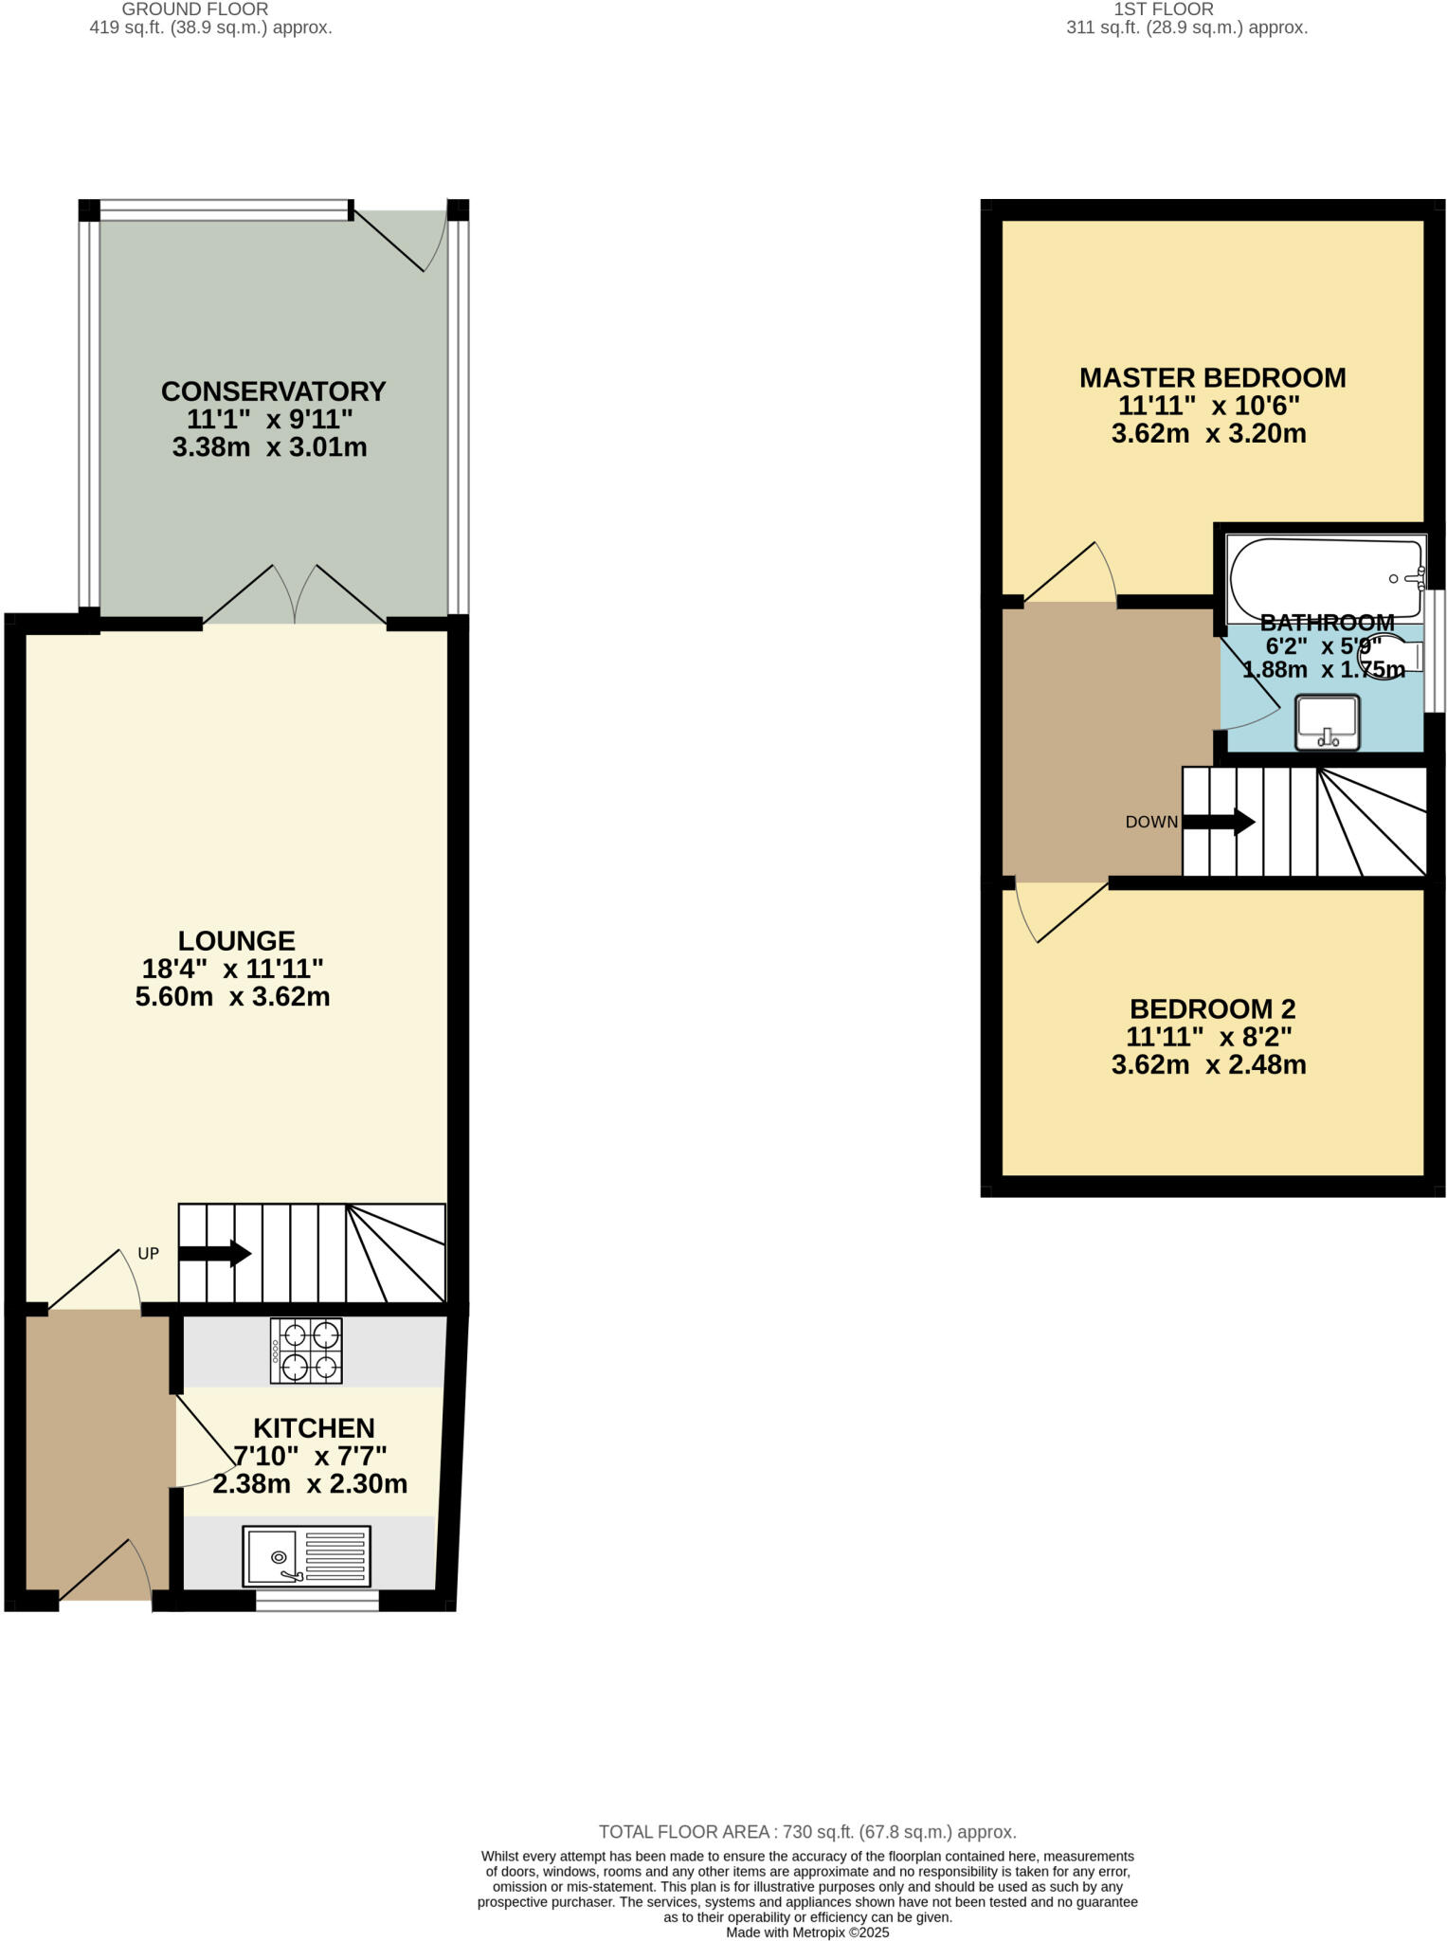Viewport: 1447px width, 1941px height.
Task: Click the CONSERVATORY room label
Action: pyautogui.click(x=273, y=391)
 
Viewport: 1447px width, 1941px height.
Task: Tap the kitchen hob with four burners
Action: pyautogui.click(x=306, y=1351)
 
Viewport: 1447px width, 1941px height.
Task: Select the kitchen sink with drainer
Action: pyautogui.click(x=306, y=1555)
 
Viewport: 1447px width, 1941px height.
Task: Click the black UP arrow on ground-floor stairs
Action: pyautogui.click(x=214, y=1254)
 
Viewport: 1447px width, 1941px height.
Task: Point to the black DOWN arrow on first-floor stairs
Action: pyautogui.click(x=1218, y=822)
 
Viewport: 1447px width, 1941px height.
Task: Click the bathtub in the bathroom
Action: pyautogui.click(x=1325, y=567)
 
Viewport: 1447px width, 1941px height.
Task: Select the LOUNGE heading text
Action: pyautogui.click(x=237, y=941)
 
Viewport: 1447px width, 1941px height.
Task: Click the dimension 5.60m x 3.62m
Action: pyautogui.click(x=232, y=997)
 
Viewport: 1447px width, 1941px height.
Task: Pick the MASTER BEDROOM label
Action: pyautogui.click(x=1212, y=378)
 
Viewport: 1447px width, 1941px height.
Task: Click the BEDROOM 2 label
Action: pyautogui.click(x=1212, y=1009)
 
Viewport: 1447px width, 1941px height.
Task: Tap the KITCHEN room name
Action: pyautogui.click(x=314, y=1428)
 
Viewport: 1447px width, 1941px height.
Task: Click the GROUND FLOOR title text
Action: pyautogui.click(x=195, y=9)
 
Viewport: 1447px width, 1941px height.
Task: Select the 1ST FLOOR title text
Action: pyautogui.click(x=1163, y=9)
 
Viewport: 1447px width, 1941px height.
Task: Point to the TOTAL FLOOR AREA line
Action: pyautogui.click(x=807, y=1832)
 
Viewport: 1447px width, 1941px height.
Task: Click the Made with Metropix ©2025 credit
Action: pyautogui.click(x=807, y=1932)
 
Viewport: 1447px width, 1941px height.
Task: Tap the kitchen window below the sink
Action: pyautogui.click(x=317, y=1601)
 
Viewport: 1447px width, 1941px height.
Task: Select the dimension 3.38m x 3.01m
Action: pyautogui.click(x=269, y=447)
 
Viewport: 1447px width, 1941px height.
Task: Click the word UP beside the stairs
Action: pyautogui.click(x=149, y=1254)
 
